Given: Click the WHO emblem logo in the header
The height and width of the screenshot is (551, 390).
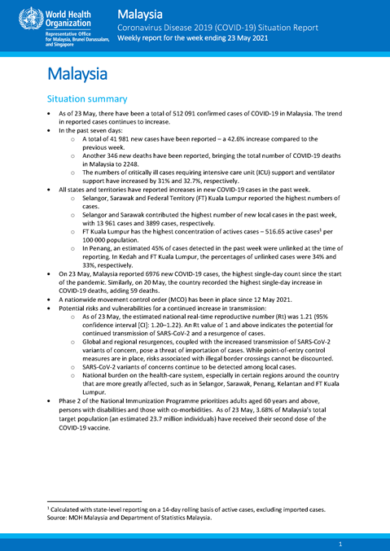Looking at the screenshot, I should (x=16, y=15).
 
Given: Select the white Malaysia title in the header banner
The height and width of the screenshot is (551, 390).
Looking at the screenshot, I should (x=140, y=15).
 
